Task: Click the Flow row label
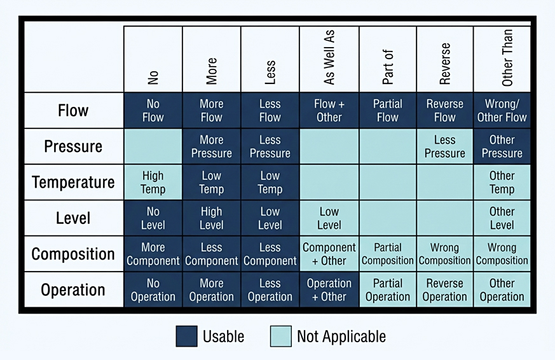73,111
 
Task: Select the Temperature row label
73,183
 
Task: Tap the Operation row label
73,289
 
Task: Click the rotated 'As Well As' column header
329,57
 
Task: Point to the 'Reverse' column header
444,64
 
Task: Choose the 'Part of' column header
388,67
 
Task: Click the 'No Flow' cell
153,111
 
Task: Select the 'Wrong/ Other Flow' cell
502,111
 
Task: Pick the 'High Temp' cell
153,183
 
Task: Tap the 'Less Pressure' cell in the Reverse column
444,146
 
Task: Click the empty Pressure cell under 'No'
153,146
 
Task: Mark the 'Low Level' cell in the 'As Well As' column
329,218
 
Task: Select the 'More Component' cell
153,254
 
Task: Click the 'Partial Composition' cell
388,254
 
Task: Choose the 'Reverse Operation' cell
444,289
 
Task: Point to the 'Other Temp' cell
502,183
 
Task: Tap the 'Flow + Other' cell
329,111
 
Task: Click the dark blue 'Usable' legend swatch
186,336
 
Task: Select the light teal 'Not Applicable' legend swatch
281,336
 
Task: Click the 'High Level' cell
211,218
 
